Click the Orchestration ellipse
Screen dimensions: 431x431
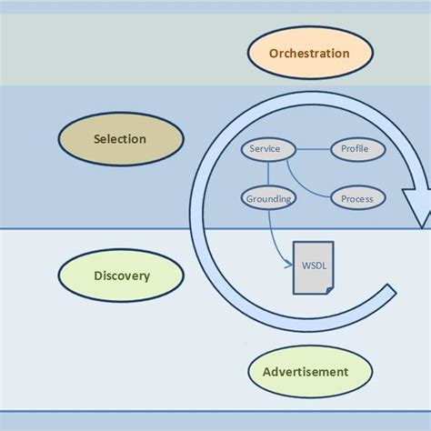[309, 53]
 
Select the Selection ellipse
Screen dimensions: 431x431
[121, 139]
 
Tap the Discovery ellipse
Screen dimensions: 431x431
[121, 275]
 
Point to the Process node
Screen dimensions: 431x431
[356, 197]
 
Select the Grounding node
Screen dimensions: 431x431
[267, 197]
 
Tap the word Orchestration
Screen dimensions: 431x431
[309, 53]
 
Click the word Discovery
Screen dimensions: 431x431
[121, 275]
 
